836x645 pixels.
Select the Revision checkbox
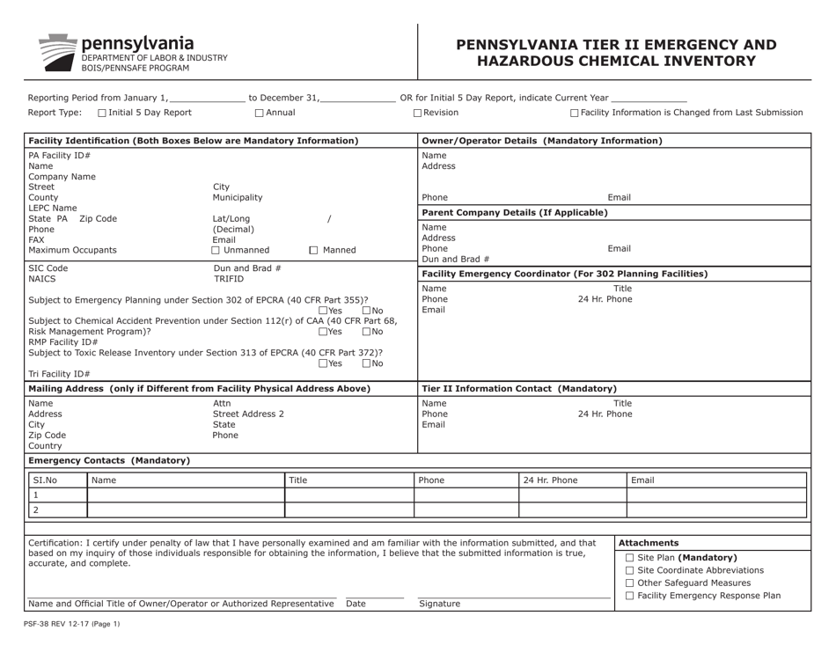[418, 113]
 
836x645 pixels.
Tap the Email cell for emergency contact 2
[715, 510]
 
